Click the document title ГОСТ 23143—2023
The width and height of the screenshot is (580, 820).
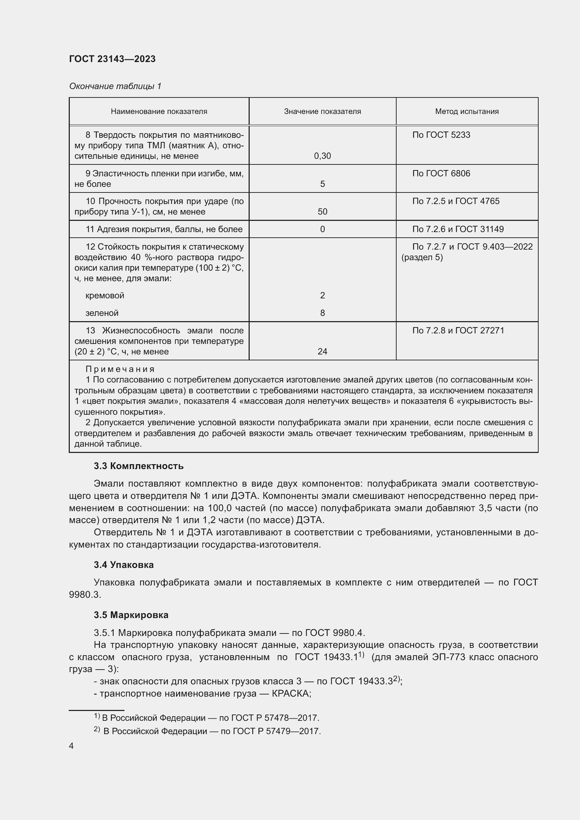(112, 59)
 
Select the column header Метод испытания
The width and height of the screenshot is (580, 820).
(466, 111)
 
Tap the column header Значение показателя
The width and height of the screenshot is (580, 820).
(322, 111)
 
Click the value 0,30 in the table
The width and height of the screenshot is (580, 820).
(322, 156)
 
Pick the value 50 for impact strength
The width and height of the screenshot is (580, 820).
(322, 212)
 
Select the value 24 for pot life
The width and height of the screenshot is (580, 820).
(322, 351)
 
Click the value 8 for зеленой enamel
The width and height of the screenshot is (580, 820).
(322, 313)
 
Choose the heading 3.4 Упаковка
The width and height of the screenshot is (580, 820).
(123, 565)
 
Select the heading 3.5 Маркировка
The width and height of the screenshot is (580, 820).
(131, 615)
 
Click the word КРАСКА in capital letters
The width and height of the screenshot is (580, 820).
(291, 693)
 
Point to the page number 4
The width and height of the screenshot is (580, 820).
(72, 746)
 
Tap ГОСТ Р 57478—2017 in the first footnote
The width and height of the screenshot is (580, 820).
(275, 718)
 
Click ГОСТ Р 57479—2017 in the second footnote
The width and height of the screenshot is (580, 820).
(276, 731)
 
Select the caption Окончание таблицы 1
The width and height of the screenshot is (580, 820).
(115, 86)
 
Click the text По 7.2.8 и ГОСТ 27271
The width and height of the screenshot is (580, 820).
(458, 330)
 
